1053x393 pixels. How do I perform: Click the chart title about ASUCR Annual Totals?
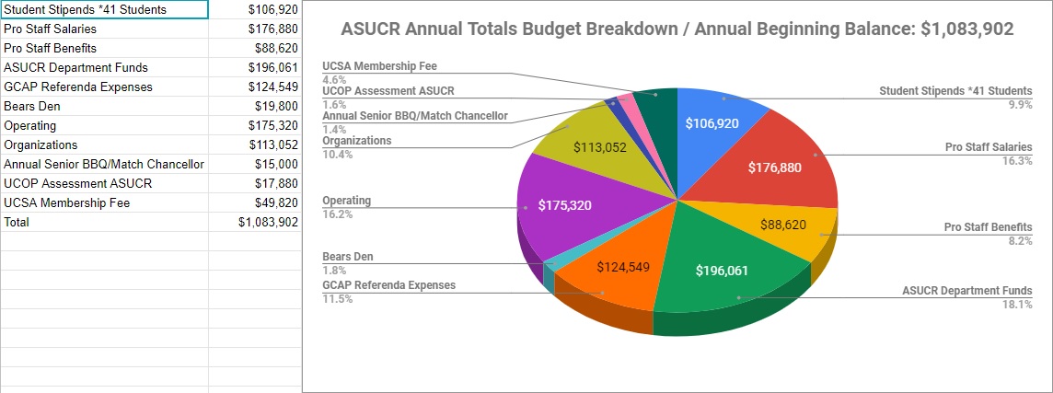677,29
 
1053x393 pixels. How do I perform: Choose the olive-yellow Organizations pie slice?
598,147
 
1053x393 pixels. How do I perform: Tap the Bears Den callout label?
348,257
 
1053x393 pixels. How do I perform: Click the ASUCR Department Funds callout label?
966,291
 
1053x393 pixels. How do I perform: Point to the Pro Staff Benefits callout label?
988,227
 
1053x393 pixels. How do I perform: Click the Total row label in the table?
17,222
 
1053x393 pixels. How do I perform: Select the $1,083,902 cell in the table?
268,222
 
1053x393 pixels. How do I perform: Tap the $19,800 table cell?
276,106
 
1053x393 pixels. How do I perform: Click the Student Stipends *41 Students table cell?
86,9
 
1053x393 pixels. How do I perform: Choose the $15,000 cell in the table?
276,164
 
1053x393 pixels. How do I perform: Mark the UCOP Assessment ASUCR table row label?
78,183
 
